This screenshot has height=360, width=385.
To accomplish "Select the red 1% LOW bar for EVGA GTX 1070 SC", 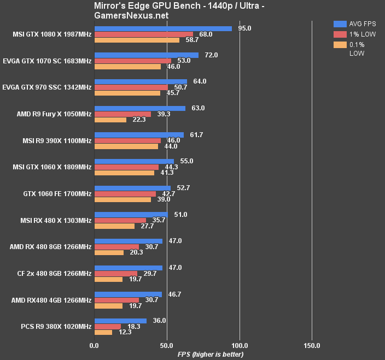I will pos(133,61).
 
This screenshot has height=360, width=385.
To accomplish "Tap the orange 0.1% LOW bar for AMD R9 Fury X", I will pos(110,120).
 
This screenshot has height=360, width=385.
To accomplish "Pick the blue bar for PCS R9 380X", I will pos(120,321).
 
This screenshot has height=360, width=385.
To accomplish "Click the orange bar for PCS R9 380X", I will pos(103,332).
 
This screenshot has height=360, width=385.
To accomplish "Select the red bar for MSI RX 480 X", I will pos(120,220).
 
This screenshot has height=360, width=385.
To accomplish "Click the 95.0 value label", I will pos(246,28).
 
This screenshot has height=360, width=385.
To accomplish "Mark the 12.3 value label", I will pos(125,332).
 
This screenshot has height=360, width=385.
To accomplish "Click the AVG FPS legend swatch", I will pos(340,23).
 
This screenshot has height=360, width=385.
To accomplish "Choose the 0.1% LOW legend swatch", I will pos(340,44).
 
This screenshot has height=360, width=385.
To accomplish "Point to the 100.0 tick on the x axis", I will pos(240,345).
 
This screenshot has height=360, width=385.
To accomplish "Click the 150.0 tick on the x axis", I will pos(312,345).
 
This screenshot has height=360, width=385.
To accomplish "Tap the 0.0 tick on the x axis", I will pos(94,345).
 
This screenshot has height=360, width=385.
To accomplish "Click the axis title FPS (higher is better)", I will pos(211,355).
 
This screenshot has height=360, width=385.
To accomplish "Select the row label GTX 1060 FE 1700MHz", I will pos(57,193).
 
